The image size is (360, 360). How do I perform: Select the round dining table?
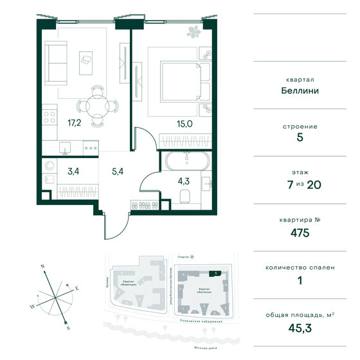pos(96,104)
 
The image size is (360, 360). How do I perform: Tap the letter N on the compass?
pos(41,264)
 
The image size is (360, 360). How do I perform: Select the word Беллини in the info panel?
pos(304,91)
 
